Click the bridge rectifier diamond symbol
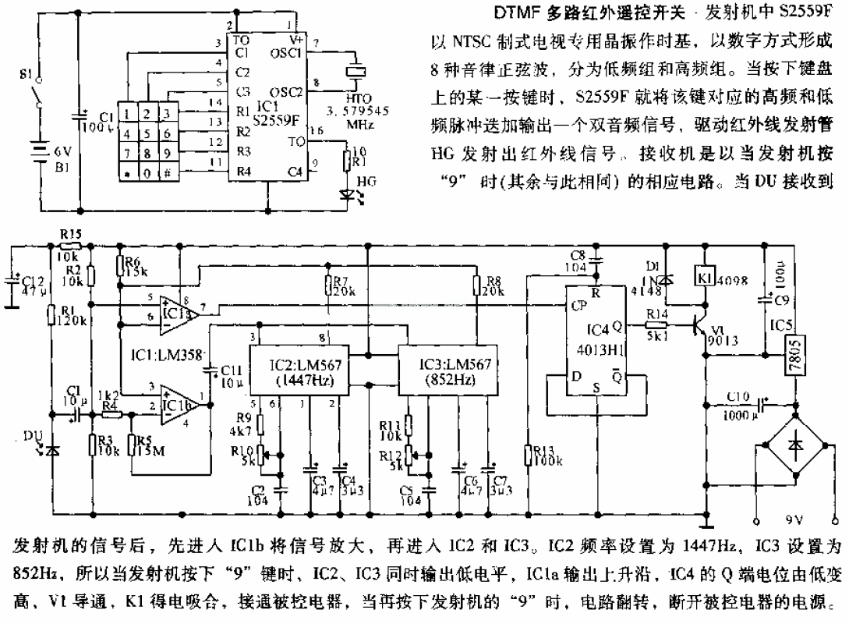click(x=795, y=462)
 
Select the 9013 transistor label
click(x=723, y=341)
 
